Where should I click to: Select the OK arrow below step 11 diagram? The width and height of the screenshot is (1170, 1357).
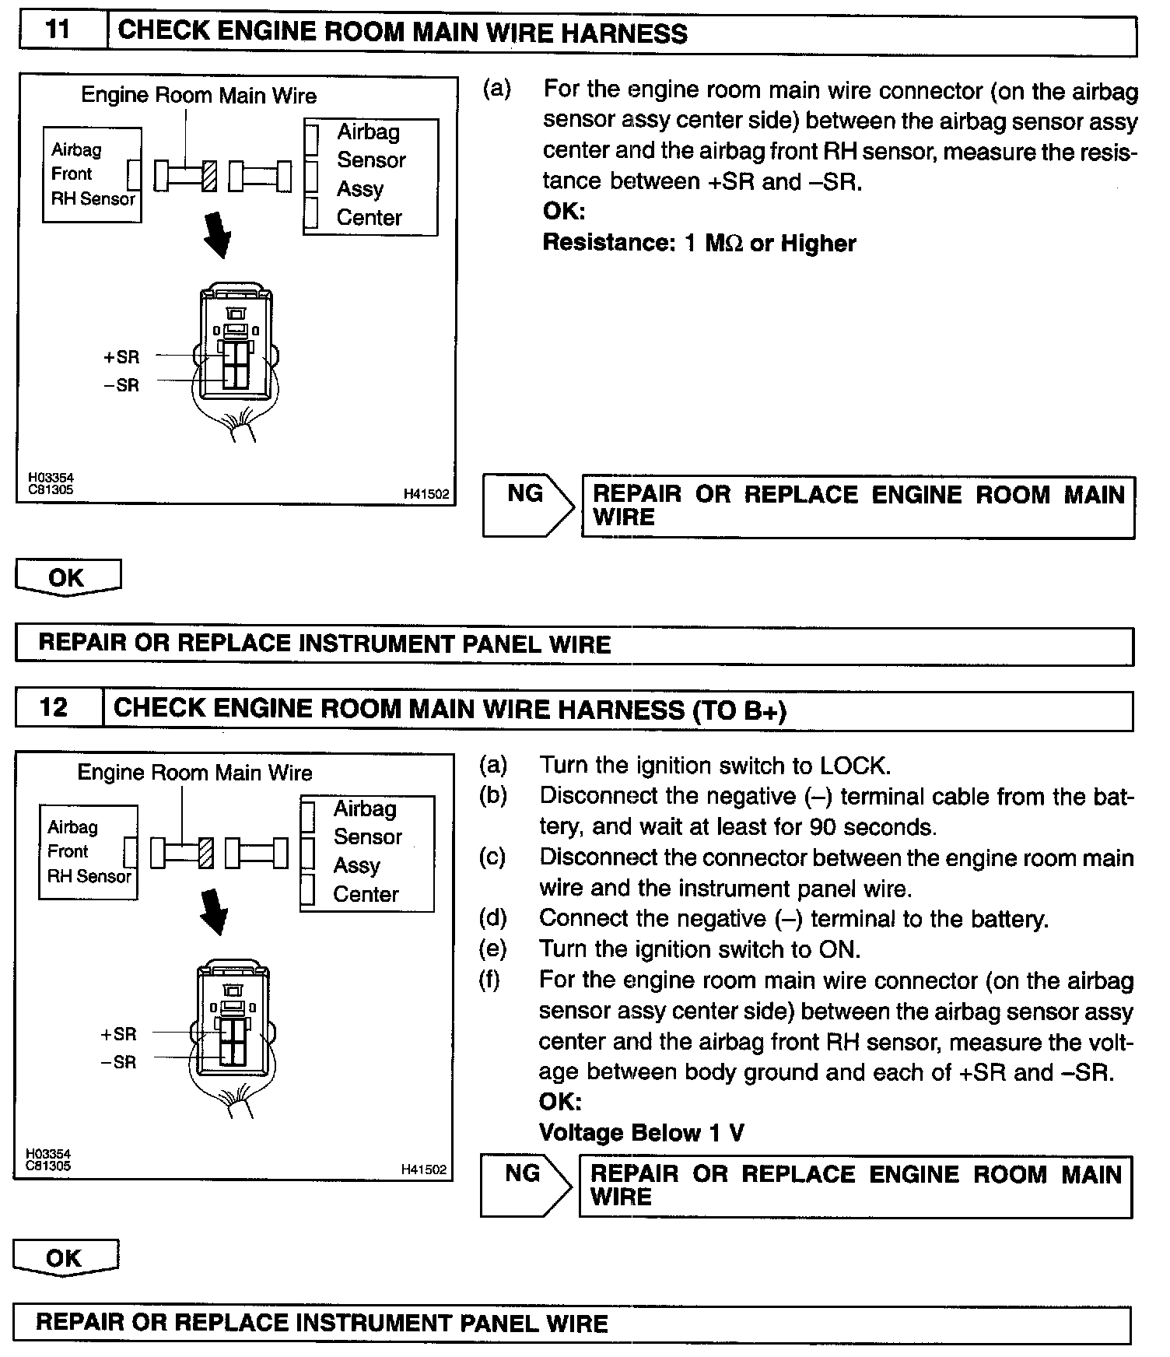68,577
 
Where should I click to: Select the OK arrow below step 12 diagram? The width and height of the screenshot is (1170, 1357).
65,1258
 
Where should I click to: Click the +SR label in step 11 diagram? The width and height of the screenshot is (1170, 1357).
121,357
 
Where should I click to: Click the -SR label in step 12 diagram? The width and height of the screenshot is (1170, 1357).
119,1062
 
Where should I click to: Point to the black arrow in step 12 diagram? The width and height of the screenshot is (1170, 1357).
214,911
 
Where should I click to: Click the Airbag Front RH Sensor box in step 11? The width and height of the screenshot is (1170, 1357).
92,174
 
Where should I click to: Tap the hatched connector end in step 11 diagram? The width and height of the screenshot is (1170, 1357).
209,176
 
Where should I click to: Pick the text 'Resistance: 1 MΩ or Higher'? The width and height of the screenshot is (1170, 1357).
699,244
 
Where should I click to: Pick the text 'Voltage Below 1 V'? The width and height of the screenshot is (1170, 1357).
641,1132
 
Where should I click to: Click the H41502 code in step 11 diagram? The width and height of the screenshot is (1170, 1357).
426,494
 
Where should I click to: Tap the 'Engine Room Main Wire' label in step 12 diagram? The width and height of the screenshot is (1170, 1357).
194,773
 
